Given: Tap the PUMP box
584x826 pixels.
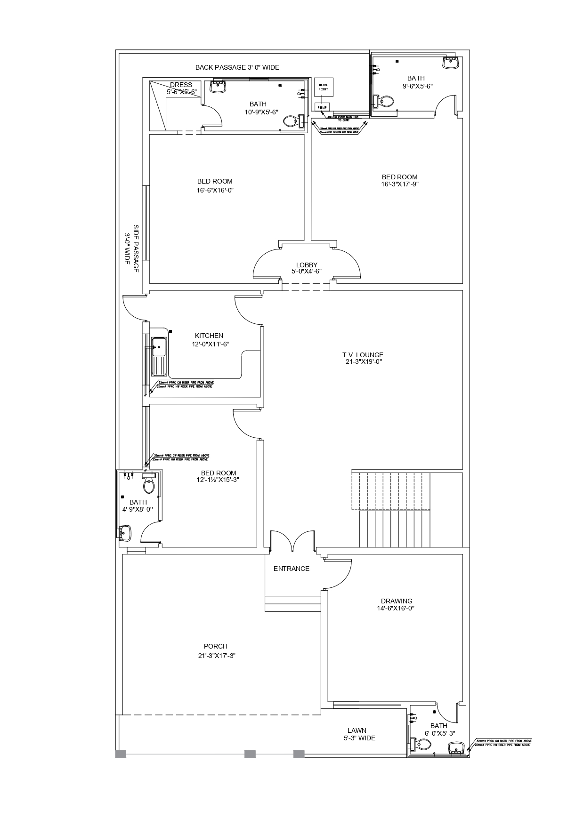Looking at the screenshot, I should [322, 107].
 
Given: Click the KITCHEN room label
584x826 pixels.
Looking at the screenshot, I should [209, 336].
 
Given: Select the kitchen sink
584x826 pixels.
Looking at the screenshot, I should [159, 347].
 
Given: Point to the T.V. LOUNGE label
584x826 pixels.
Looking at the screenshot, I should [363, 355].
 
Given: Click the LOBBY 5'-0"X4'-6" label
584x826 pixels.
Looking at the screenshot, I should [307, 268].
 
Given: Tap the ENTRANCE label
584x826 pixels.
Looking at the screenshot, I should [292, 569].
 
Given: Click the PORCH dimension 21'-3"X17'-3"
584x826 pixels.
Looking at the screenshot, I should [217, 656].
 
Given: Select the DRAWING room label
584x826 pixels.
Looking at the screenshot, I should [397, 601].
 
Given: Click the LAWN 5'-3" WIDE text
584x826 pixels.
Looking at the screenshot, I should [359, 734].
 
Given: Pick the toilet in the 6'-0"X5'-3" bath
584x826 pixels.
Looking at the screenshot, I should [423, 745].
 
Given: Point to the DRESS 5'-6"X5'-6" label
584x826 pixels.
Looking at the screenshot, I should [181, 88].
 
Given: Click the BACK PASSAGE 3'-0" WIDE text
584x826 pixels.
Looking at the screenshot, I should [237, 67].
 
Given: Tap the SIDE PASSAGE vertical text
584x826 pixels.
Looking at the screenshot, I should [131, 248].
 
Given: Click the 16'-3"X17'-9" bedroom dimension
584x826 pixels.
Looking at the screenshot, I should [400, 184].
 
